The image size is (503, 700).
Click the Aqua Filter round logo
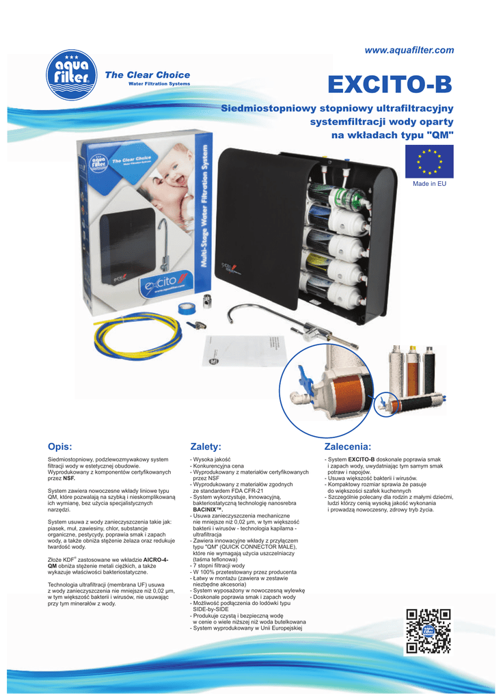coord(71,78)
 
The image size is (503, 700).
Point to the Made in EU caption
coord(429,184)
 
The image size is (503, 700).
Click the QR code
coord(429,630)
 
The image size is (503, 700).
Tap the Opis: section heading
coord(60,446)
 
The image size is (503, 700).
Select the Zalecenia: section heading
coord(347,446)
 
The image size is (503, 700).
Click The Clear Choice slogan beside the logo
coord(147,75)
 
